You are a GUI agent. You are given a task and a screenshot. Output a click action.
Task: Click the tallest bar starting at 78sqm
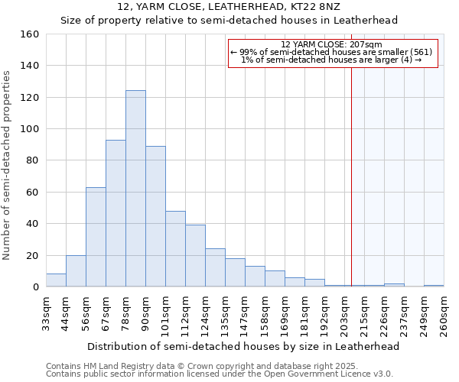pyautogui.click(x=135, y=189)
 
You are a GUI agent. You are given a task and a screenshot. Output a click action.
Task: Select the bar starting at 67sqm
pyautogui.click(x=116, y=213)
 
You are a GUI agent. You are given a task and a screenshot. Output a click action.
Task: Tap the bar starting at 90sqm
pyautogui.click(x=155, y=216)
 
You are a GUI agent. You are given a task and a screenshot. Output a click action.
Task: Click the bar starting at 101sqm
pyautogui.click(x=175, y=249)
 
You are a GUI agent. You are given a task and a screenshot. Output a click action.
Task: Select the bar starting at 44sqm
pyautogui.click(x=76, y=271)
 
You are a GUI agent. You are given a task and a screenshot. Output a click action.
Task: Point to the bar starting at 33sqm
pyautogui.click(x=56, y=280)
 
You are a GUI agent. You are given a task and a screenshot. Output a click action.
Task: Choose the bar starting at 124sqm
pyautogui.click(x=215, y=267)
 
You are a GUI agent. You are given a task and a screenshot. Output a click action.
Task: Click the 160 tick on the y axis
pyautogui.click(x=30, y=34)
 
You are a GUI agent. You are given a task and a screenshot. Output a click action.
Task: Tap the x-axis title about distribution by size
pyautogui.click(x=243, y=346)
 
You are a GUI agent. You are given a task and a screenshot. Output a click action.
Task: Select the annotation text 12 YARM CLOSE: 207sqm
pyautogui.click(x=332, y=44)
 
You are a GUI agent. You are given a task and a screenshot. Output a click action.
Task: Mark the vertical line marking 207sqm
pyautogui.click(x=352, y=176)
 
